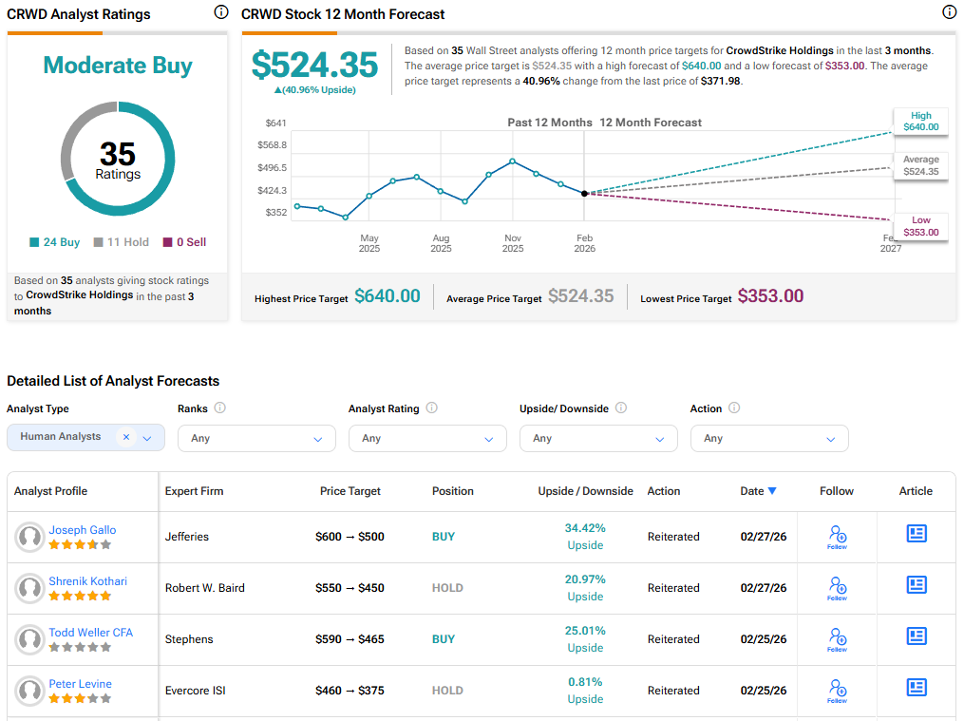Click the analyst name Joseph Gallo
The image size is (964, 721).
coord(83,530)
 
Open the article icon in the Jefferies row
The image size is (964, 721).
coord(916,534)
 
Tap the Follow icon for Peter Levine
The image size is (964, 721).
coord(837,690)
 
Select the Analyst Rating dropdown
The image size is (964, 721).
coord(427,438)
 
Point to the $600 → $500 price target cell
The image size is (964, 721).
coord(350,537)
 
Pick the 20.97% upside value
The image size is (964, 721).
coord(585,579)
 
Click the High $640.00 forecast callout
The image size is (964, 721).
coord(920,121)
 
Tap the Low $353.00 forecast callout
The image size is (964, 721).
coord(920,226)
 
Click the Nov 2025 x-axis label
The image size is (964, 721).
coord(513,243)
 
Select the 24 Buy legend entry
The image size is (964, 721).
coord(55,242)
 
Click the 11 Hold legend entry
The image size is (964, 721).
coord(121,242)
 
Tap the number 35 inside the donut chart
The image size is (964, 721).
coord(118,154)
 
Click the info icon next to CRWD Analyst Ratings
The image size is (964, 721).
coord(221,12)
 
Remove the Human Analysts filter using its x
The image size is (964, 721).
coord(126,437)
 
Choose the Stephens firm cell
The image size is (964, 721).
coord(189,639)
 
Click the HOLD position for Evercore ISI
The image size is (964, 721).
coord(447,691)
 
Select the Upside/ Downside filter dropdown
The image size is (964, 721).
coord(598,438)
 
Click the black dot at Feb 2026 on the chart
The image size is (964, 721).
coord(584,193)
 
